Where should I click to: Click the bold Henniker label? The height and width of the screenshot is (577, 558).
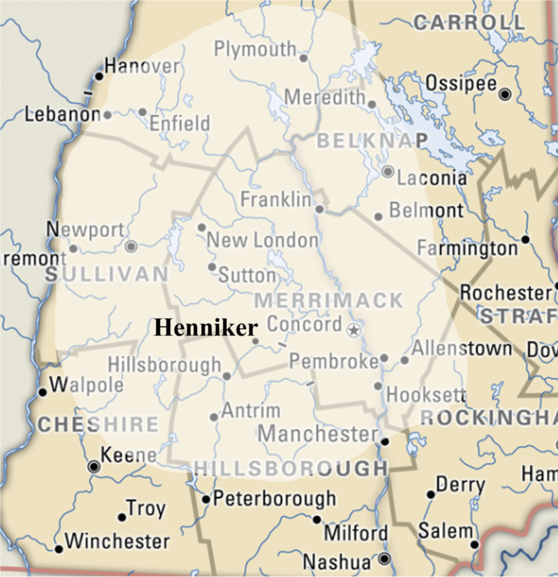pos(206,327)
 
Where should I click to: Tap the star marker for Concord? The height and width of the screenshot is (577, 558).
pos(354,330)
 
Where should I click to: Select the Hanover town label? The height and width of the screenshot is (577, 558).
pos(142,66)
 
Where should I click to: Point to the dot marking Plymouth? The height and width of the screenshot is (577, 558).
pos(303,58)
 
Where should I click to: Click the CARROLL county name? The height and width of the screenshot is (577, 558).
pos(469,23)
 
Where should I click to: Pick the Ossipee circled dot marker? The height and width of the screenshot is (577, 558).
pos(505,94)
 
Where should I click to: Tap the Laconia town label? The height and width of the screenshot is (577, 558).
pos(432,178)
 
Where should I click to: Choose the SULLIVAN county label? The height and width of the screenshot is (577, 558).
pos(107,274)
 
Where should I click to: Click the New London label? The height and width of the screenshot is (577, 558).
pos(263,241)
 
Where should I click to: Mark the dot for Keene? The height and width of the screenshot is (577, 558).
pos(94,466)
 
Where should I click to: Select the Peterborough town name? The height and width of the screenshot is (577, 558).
pos(274,499)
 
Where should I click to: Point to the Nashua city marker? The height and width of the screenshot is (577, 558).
pos(384,559)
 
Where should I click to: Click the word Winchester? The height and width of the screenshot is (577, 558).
pos(117,542)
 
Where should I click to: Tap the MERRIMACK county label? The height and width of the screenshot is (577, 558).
pos(329,300)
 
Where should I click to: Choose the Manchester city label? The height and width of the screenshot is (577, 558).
pos(318,434)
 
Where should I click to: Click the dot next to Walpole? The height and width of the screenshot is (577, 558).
pos(42,392)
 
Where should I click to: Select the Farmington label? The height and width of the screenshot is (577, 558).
pos(467,248)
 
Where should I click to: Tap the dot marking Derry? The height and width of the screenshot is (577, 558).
pos(431,494)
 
